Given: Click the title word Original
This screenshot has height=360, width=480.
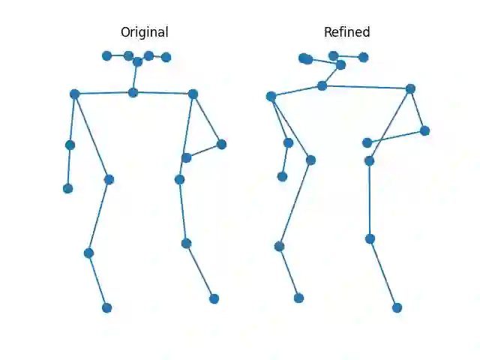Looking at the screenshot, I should [144, 32].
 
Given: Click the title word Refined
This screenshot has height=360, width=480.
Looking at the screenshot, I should [346, 32].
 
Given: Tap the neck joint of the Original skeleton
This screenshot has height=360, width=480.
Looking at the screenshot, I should [133, 92].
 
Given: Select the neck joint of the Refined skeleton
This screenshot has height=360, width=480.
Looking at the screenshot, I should [322, 85].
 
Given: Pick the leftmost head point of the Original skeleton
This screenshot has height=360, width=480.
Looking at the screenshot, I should [106, 55].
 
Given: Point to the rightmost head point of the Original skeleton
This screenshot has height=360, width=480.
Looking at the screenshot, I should [166, 57].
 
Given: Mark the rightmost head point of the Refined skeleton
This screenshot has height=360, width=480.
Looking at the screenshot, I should [363, 57].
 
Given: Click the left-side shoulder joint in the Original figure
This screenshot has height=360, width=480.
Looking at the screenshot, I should [74, 94].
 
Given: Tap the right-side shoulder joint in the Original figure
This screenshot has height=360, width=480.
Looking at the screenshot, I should [193, 94].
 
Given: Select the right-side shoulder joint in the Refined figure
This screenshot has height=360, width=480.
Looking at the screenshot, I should [410, 88].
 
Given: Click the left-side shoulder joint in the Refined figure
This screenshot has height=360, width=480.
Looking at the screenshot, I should [271, 96].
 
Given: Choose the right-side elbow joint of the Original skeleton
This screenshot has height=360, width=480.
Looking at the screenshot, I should [221, 144].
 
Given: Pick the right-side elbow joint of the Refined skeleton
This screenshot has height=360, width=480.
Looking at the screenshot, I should [424, 130].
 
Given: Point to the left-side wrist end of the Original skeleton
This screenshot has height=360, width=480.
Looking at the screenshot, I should [67, 188].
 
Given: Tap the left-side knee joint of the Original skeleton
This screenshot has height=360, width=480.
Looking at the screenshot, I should [88, 253].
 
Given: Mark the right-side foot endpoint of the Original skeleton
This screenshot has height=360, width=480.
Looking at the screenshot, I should [214, 298].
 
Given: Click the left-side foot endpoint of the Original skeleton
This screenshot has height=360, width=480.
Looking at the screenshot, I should [106, 307].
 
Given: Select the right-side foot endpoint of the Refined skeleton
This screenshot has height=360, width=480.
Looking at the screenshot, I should [397, 307].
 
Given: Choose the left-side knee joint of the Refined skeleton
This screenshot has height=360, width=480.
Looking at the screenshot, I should [279, 246].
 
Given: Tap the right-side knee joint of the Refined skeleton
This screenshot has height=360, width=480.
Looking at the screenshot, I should [370, 238].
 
